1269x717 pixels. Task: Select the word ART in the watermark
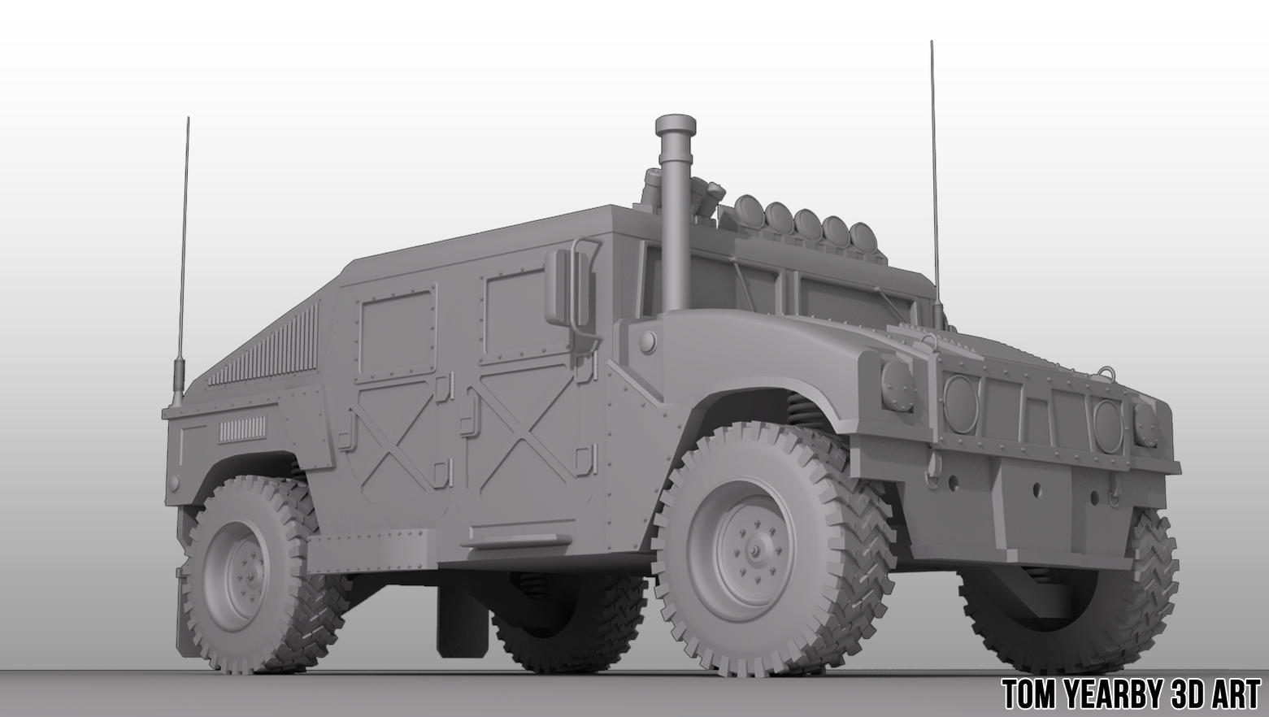click(1232, 695)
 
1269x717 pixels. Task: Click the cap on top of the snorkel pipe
click(676, 126)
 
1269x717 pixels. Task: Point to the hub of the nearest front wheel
click(754, 550)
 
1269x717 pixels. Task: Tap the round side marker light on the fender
click(648, 341)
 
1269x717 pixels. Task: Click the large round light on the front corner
click(897, 386)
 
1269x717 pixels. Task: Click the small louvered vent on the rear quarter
click(241, 429)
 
